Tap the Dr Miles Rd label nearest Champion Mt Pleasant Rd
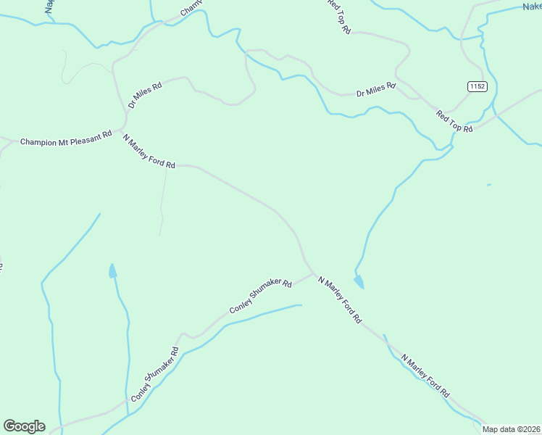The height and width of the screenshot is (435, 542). tap(145, 95)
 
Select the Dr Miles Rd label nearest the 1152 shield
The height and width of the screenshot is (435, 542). tap(376, 90)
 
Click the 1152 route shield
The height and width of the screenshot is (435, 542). tap(477, 86)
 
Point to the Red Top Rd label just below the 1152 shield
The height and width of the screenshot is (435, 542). tap(454, 120)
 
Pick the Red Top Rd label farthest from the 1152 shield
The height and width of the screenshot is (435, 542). tap(338, 16)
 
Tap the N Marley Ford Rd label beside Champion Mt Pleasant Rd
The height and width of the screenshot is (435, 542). tap(149, 152)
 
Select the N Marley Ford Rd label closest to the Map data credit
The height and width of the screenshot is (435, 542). tap(425, 376)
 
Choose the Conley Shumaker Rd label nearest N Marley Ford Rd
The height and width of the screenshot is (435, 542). tap(260, 297)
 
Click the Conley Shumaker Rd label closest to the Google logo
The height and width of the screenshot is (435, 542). tap(154, 375)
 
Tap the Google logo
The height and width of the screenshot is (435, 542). tap(24, 426)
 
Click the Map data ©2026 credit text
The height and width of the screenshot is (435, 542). tap(512, 429)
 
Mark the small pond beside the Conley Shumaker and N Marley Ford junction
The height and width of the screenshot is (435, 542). tap(359, 281)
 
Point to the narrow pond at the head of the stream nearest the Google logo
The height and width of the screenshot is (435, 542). tap(112, 271)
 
